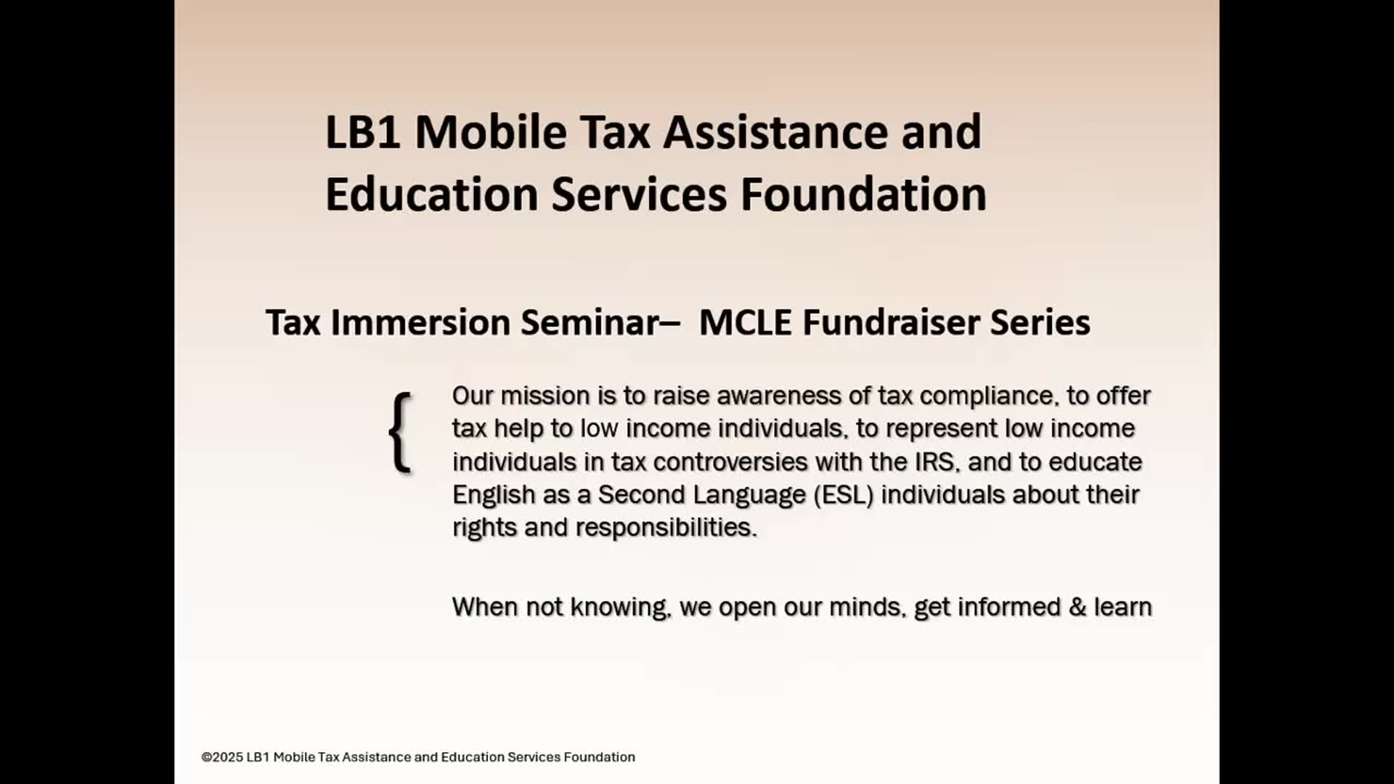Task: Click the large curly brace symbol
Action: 401,433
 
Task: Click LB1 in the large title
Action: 362,132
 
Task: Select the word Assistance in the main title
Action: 776,132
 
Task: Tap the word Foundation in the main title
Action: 863,194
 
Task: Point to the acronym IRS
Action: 934,462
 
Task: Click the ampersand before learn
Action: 1077,607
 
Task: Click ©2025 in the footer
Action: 221,757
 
